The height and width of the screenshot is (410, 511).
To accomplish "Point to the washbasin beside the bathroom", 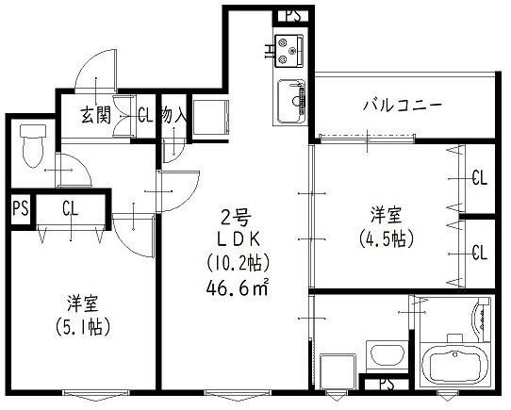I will point(385,355).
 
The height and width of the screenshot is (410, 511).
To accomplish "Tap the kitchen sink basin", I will point(291,96).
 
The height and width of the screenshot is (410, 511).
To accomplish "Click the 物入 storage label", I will point(173,116).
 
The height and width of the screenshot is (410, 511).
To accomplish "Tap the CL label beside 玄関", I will point(144,116).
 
